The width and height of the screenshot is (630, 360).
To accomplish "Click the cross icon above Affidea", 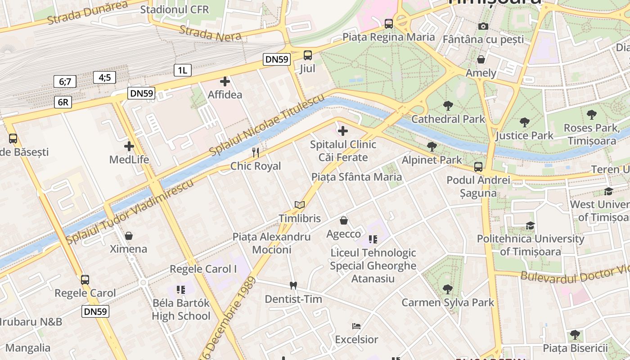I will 225,81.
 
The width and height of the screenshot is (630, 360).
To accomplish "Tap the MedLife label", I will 129,160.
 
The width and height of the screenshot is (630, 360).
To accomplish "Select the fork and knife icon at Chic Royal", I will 256,153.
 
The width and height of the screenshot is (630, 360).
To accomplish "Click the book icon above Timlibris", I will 300,205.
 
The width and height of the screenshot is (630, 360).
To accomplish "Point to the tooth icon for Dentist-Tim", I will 293,285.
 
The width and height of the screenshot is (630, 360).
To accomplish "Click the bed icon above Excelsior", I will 356,326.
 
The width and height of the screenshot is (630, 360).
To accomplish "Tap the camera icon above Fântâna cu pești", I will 483,26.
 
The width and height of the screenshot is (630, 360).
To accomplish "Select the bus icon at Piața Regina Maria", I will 389,23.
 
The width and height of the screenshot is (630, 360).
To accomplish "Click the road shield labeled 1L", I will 182,70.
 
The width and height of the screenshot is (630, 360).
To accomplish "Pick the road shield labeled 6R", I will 63,102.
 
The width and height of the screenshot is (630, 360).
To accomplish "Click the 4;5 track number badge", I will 105,77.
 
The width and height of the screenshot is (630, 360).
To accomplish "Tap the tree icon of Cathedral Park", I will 448,106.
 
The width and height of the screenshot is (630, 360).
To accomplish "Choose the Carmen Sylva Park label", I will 448,302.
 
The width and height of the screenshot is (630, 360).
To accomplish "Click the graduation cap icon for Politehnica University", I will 531,225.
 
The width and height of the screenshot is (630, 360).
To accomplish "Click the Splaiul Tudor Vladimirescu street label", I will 130,211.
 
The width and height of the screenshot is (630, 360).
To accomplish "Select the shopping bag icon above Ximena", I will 129,236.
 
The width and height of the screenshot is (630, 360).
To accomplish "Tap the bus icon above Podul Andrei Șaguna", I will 478,167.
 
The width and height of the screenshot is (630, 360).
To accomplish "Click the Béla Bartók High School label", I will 181,309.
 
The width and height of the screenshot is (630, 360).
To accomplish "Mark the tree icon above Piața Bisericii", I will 575,334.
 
